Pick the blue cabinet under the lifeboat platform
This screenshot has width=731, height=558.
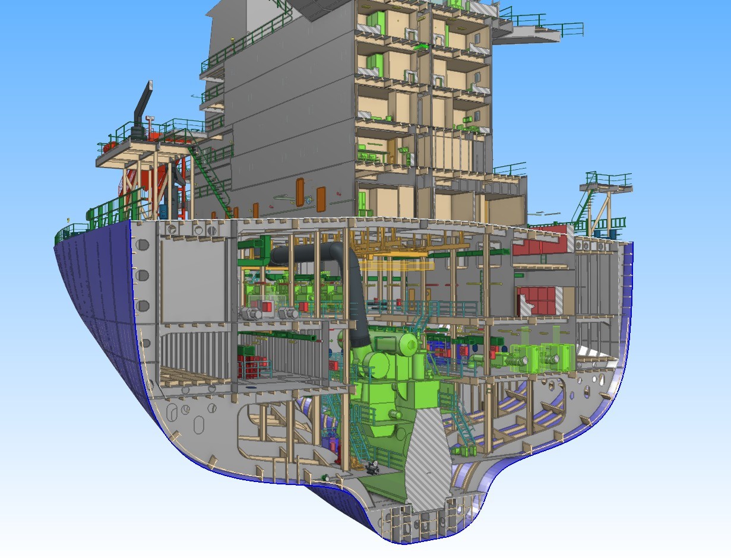click(x=164, y=211)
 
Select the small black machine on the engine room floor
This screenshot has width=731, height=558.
click(x=373, y=467)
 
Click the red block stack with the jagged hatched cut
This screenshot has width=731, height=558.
click(x=540, y=300)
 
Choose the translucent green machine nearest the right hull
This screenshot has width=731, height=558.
click(x=555, y=356)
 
